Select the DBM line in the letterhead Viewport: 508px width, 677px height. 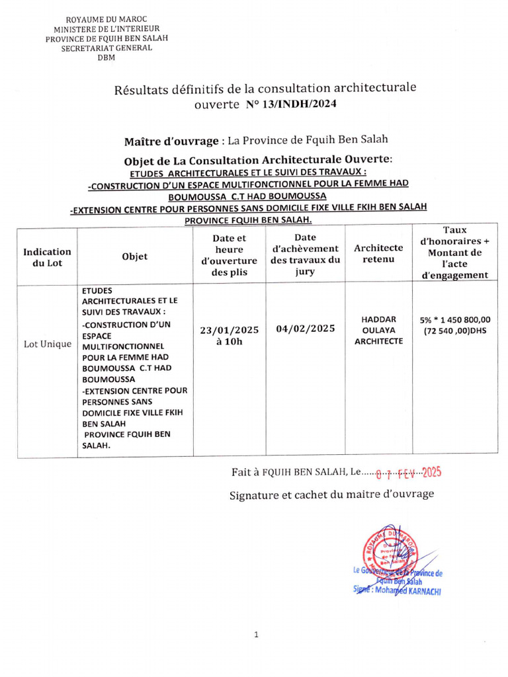(105, 58)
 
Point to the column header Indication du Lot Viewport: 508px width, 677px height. (47, 257)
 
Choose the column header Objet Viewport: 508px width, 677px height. (135, 257)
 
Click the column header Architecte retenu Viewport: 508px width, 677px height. (378, 253)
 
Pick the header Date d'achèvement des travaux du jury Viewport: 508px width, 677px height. (305, 254)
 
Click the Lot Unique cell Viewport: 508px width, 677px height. (47, 344)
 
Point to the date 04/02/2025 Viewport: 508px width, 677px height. (305, 329)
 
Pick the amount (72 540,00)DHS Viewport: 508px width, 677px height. (454, 331)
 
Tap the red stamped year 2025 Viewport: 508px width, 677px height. (431, 472)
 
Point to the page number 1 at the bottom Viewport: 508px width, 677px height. (255, 635)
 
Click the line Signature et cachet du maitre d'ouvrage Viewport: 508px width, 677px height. (331, 495)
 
